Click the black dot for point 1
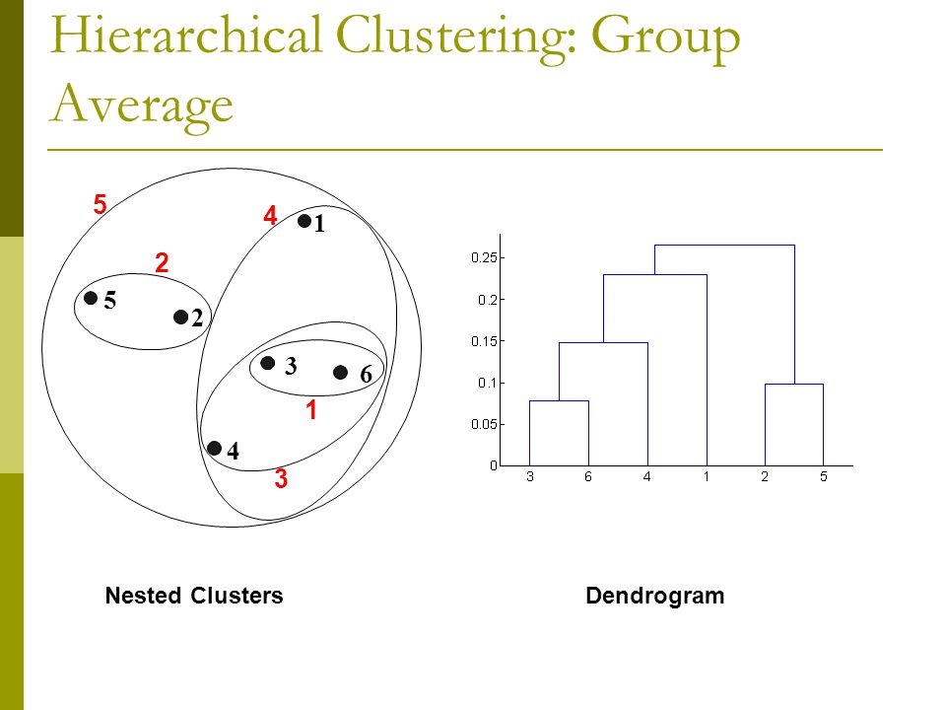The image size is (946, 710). [x=304, y=221]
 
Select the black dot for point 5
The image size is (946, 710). [x=91, y=298]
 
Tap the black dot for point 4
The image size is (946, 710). [x=214, y=448]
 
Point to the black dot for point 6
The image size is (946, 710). [x=340, y=373]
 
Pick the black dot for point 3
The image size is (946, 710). [x=268, y=363]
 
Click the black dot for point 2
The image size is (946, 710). [x=180, y=317]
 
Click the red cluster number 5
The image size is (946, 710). [x=101, y=204]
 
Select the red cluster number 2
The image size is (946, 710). [x=162, y=262]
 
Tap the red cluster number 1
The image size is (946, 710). [x=311, y=410]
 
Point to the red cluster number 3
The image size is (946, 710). [x=281, y=478]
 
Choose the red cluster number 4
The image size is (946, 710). [x=270, y=216]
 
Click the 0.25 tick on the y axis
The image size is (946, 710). [x=502, y=257]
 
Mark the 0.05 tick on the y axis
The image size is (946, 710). [x=502, y=424]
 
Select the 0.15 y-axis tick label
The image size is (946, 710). [x=484, y=341]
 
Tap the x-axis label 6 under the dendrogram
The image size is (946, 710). [x=588, y=477]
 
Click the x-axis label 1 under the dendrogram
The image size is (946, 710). [x=706, y=477]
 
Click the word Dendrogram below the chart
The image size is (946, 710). [x=654, y=596]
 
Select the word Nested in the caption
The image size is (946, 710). [x=144, y=596]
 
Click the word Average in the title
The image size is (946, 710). [x=141, y=104]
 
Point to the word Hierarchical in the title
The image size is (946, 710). [x=186, y=35]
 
